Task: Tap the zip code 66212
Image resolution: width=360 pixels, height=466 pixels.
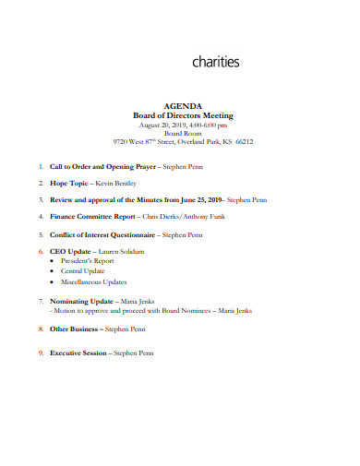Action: (x=244, y=142)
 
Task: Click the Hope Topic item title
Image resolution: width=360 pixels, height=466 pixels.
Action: (x=69, y=183)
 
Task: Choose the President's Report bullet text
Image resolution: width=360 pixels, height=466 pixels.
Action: (x=88, y=261)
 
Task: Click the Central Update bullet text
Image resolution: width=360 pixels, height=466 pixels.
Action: (x=82, y=271)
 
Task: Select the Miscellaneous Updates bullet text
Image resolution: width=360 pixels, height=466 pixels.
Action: (x=94, y=281)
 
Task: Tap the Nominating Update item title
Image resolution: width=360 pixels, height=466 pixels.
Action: (x=81, y=301)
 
